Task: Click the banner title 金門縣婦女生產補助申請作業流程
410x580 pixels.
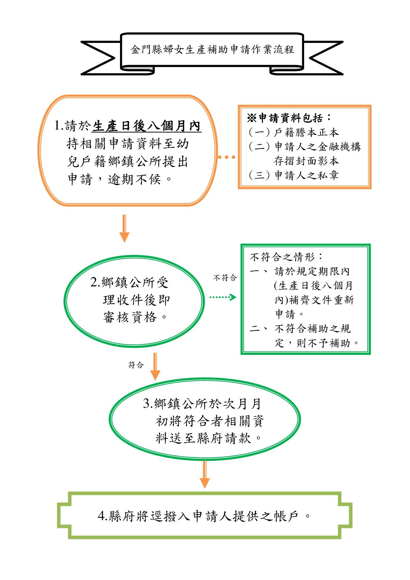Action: tap(212, 50)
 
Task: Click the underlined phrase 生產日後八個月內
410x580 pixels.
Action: tap(147, 126)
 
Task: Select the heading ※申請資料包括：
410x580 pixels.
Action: tap(289, 118)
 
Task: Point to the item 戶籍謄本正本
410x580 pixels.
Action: tap(307, 133)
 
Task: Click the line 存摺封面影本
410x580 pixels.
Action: tap(307, 161)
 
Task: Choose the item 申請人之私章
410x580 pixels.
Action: tap(307, 175)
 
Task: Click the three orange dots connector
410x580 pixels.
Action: tap(227, 157)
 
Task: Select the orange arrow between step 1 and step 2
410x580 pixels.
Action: tap(124, 228)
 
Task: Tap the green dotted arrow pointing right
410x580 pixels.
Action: tap(223, 297)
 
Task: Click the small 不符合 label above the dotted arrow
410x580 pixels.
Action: tap(225, 278)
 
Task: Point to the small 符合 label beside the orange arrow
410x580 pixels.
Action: tap(136, 365)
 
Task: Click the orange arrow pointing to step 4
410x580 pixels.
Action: tap(205, 474)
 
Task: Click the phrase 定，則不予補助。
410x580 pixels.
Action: tap(317, 343)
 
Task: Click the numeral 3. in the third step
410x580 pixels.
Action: tap(147, 404)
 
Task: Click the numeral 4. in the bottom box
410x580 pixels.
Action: tap(102, 516)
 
